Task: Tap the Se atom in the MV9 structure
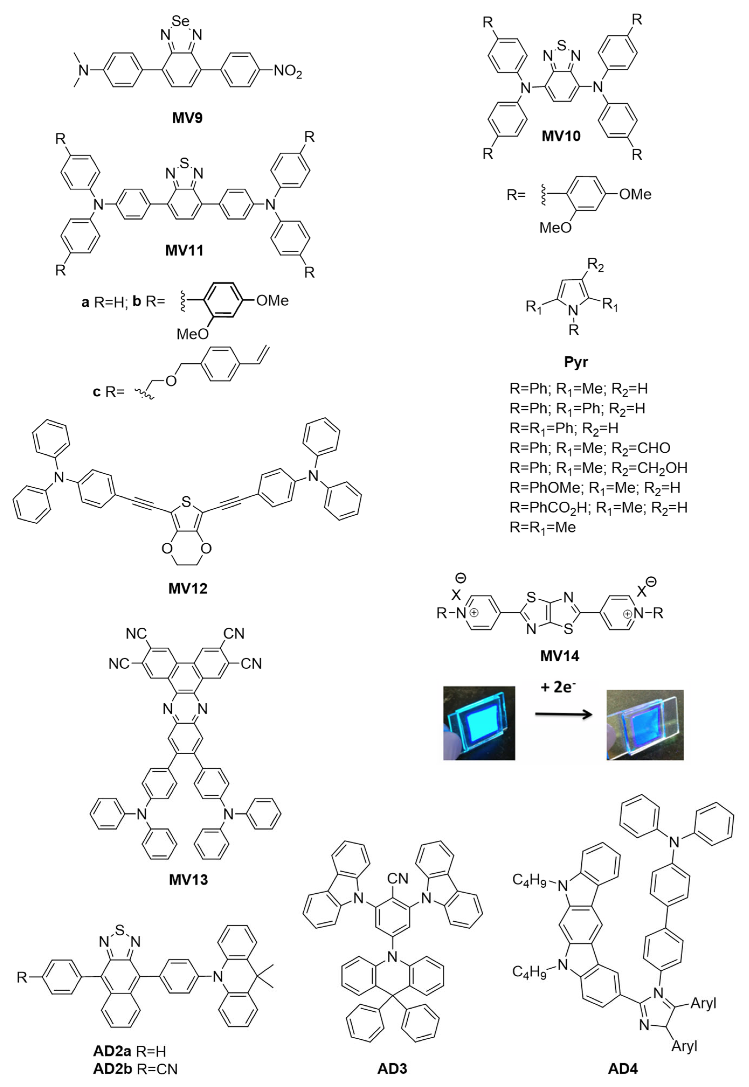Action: (x=181, y=21)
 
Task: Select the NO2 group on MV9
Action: (x=288, y=72)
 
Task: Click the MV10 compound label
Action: (x=561, y=136)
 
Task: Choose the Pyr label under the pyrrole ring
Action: (x=576, y=362)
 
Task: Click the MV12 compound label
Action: (x=188, y=588)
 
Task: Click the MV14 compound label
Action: (x=559, y=656)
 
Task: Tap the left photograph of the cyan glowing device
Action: (x=479, y=723)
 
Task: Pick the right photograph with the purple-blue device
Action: (x=645, y=725)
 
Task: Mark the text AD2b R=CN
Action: (x=135, y=1069)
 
